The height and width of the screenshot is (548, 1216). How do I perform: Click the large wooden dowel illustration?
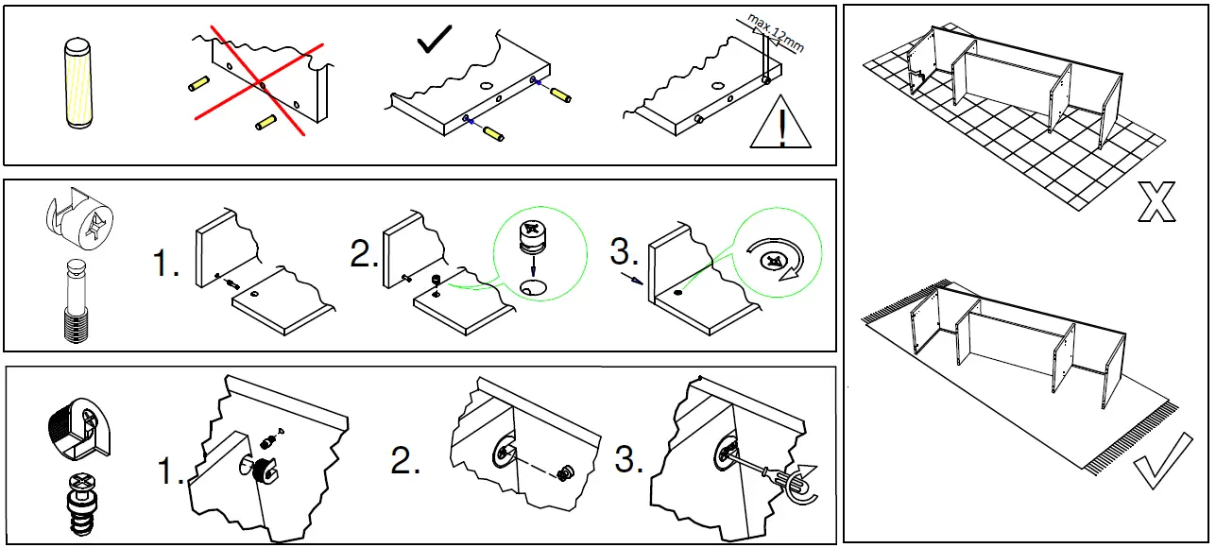click(x=77, y=82)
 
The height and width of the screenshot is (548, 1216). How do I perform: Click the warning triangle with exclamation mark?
click(x=780, y=125)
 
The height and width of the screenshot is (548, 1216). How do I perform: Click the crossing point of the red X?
click(x=260, y=84)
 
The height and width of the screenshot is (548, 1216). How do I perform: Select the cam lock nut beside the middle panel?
click(x=78, y=225)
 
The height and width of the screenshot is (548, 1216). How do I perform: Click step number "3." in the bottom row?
click(x=629, y=460)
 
